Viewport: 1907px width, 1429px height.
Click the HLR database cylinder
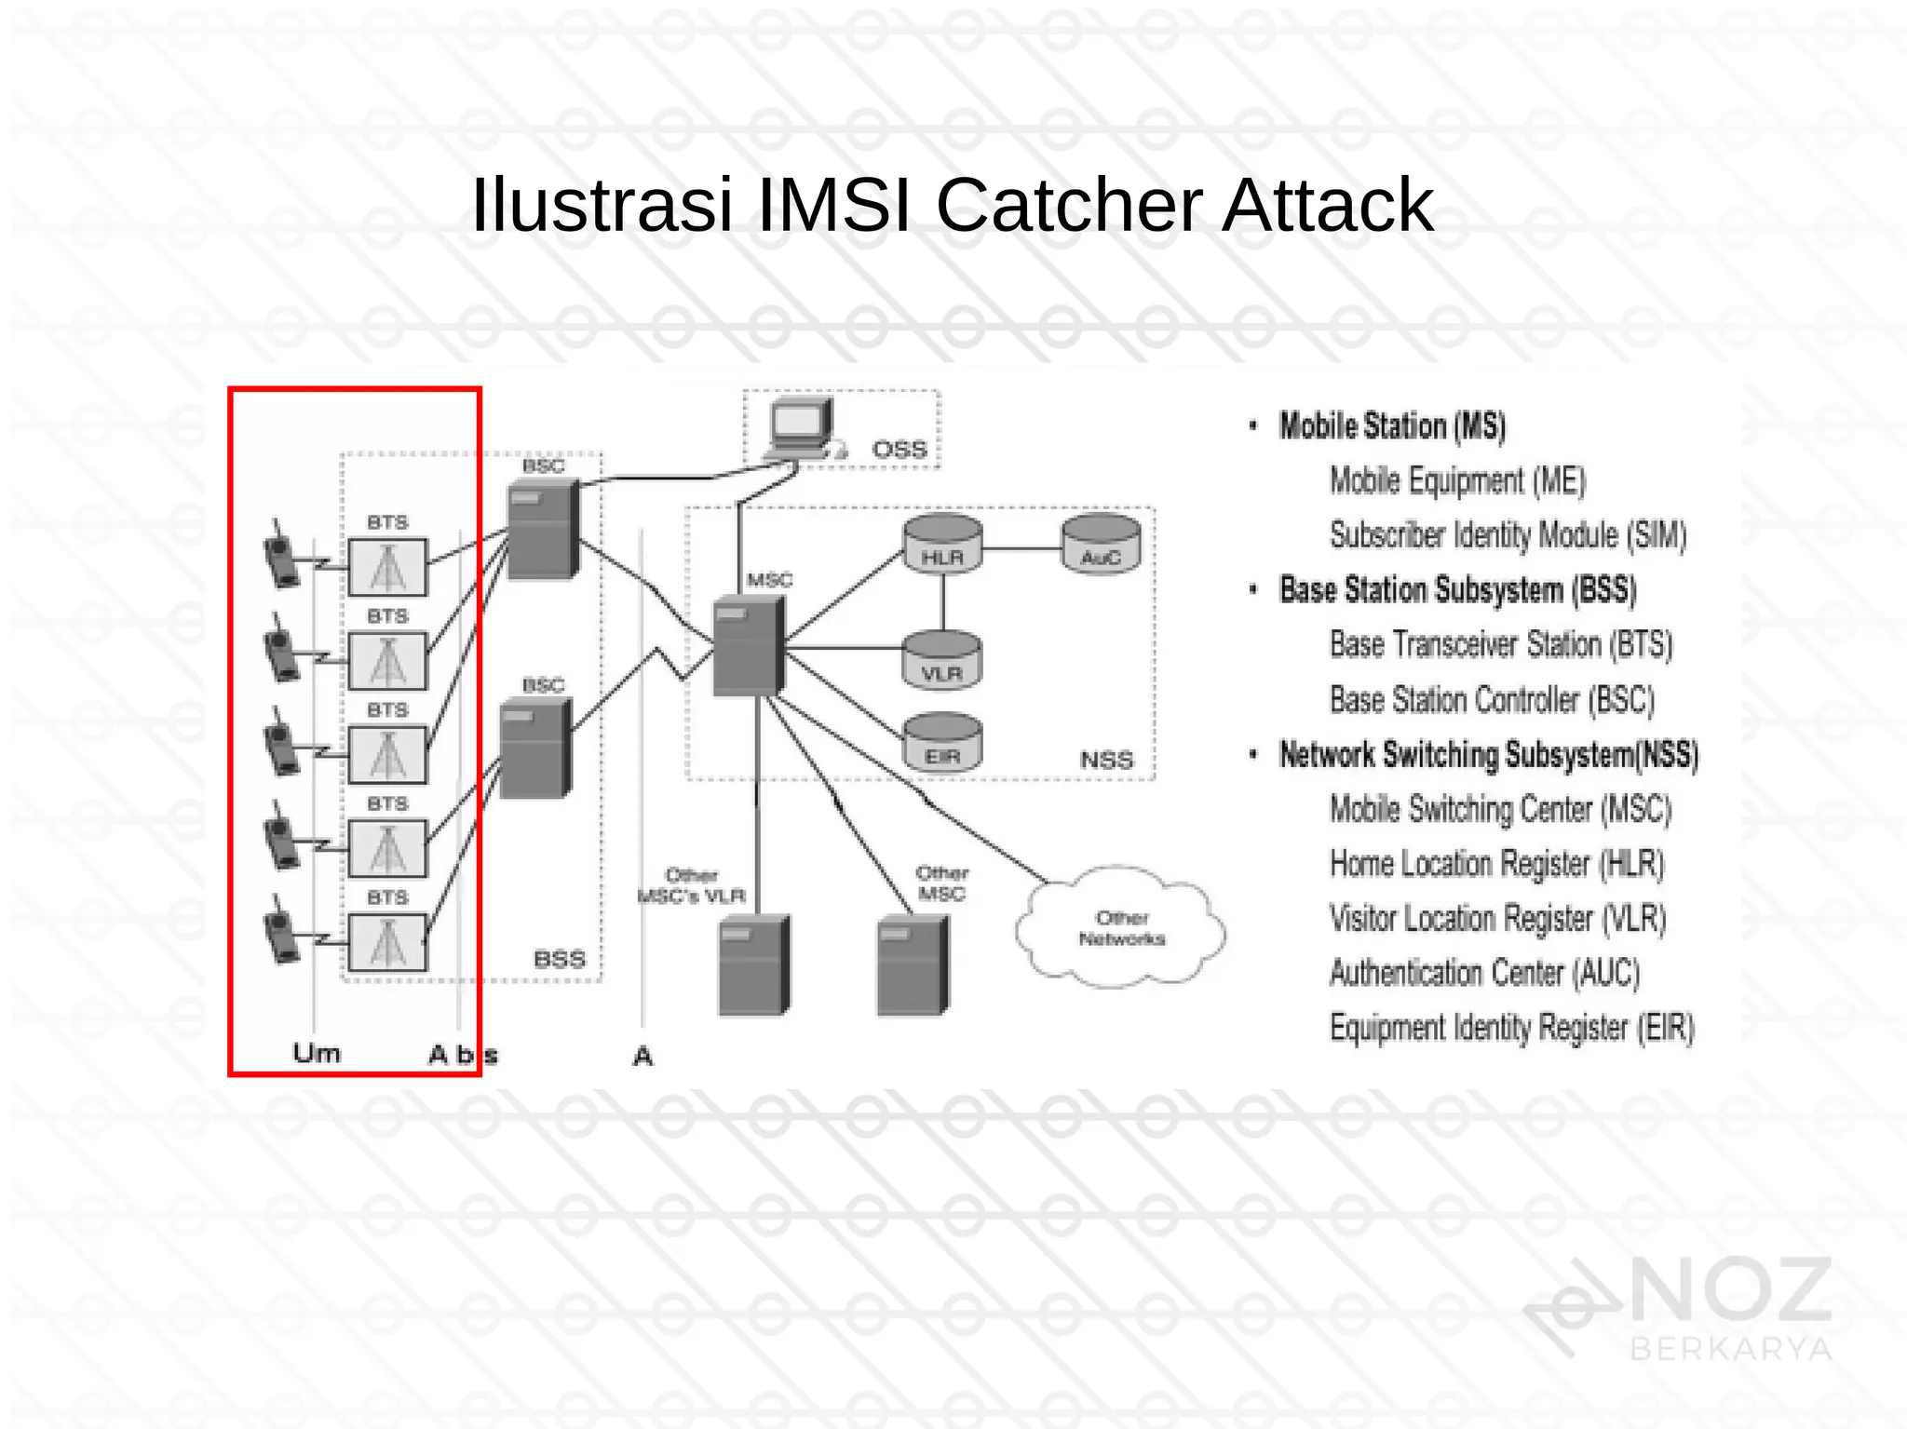coord(942,545)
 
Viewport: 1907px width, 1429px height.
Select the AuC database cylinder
coord(1101,545)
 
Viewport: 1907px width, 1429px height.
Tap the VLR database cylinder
coord(942,660)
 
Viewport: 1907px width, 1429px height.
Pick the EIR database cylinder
coord(942,743)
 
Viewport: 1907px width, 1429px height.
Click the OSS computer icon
coord(802,428)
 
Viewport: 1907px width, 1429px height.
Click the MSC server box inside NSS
coord(748,646)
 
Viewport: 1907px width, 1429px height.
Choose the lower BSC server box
coord(535,748)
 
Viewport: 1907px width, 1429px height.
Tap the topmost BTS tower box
coord(387,567)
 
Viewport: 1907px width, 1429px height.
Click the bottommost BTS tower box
coord(387,942)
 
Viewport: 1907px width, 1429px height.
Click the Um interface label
coord(317,1054)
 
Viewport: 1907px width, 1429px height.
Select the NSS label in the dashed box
coord(1106,761)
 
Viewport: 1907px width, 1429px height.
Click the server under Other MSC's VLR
coord(753,965)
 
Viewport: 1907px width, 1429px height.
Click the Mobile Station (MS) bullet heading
coord(1391,426)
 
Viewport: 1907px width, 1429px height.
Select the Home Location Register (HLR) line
coord(1495,864)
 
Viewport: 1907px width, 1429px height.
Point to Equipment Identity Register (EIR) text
coord(1510,1028)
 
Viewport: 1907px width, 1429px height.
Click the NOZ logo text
coord(1731,1290)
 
